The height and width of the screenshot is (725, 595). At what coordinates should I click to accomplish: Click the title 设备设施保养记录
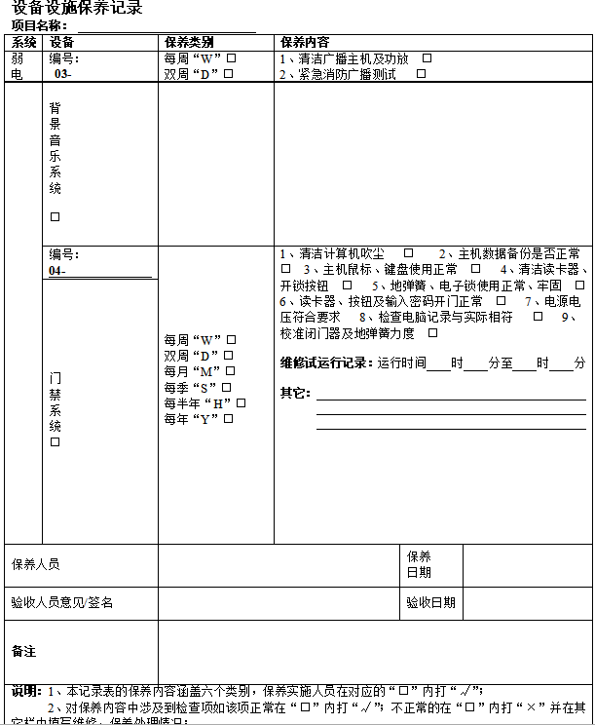tap(77, 9)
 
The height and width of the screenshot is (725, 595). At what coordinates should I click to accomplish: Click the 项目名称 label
tap(39, 25)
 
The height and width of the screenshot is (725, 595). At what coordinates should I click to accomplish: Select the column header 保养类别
tap(189, 42)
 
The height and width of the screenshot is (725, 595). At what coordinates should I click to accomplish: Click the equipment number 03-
tap(62, 74)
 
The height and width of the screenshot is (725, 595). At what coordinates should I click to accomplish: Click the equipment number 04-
tap(57, 270)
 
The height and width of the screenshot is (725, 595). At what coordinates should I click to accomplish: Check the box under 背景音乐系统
tap(56, 217)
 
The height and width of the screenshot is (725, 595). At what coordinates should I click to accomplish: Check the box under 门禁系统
tap(56, 442)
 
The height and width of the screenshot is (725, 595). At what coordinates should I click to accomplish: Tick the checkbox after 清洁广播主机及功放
tap(427, 58)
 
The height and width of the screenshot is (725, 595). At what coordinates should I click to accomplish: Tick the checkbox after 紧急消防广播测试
tap(421, 74)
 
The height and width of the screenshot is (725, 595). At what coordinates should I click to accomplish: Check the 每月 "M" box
tap(231, 371)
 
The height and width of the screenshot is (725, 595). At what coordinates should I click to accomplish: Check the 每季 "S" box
tap(226, 387)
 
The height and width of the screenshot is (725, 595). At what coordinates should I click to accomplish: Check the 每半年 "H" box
tap(242, 402)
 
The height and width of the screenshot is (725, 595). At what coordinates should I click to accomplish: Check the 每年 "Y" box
tap(229, 418)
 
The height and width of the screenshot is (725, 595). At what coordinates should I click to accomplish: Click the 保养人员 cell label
tap(36, 564)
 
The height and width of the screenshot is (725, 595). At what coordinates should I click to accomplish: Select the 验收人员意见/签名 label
tap(61, 602)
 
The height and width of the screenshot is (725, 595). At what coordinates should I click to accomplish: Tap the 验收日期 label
tap(430, 602)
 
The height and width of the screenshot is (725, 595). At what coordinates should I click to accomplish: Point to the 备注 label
tap(23, 650)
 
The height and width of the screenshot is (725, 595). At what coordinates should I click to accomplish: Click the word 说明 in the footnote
tap(24, 691)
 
